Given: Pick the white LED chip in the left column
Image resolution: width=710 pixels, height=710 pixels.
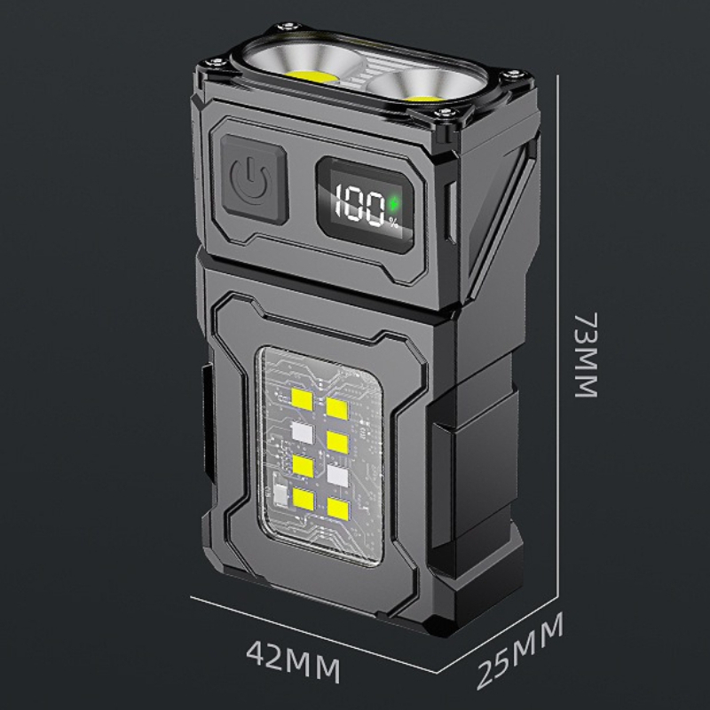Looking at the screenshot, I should coord(302,431).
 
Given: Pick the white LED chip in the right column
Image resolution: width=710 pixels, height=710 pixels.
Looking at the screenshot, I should coord(337,473).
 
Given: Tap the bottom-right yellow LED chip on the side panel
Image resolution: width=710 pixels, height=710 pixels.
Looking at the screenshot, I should coord(336,508).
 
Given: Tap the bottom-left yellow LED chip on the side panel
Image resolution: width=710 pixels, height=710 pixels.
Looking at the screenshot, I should coord(302,499).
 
